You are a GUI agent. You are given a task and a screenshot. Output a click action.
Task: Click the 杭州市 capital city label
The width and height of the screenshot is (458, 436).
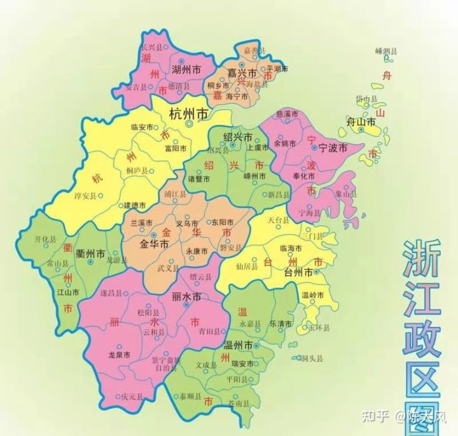coord(189,114)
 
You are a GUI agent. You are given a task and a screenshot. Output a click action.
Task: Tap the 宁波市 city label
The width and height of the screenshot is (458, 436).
coord(333,148)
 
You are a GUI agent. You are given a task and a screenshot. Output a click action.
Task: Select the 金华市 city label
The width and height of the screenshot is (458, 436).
coord(155,244)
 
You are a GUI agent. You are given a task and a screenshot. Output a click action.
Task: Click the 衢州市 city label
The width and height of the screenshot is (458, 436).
coord(90,253)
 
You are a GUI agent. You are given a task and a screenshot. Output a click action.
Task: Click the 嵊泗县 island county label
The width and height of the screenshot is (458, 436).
coord(386,51)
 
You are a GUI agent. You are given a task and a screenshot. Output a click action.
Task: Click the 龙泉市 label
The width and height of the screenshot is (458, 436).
coord(120,355)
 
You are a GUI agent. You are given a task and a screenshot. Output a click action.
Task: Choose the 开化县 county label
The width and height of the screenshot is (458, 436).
coord(46,239)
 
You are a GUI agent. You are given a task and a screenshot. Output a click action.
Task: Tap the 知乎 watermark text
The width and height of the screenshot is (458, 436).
coord(375,418)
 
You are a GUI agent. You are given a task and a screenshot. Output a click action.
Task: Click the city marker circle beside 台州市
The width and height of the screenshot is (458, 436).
coord(316,272)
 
